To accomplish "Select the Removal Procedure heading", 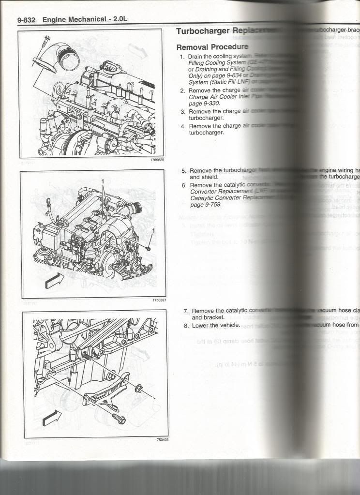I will point(212,47).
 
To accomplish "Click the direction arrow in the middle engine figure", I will point(53,280).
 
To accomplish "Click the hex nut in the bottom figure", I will point(138,387).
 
